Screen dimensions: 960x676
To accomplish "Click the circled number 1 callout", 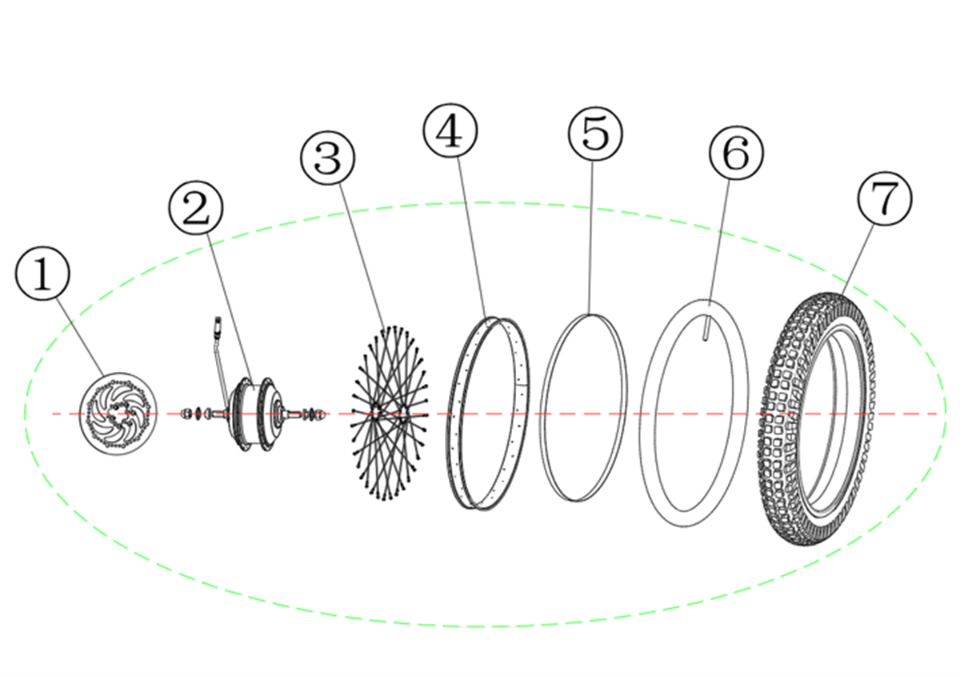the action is click(x=42, y=274).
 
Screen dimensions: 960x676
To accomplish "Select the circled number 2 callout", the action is click(x=196, y=208).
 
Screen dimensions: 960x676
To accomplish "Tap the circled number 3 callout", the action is click(x=328, y=158).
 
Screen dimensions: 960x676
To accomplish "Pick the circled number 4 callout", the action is click(x=450, y=130).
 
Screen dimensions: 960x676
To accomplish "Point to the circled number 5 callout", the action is click(x=595, y=134).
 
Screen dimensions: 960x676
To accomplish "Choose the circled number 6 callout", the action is click(x=736, y=153).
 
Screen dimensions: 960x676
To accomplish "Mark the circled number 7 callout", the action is click(x=885, y=198).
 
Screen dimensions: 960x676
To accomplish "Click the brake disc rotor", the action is click(x=118, y=414).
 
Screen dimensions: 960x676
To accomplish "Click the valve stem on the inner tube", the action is click(x=706, y=327).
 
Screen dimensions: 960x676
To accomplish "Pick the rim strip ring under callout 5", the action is click(x=583, y=408).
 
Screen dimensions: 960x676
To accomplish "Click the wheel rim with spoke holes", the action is click(x=486, y=414).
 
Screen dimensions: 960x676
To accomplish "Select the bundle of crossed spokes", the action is click(x=389, y=413).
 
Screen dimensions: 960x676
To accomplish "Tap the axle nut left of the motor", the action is click(x=186, y=414).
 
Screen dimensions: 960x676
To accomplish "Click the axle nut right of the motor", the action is click(x=322, y=414).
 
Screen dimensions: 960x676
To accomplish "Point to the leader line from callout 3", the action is click(x=362, y=256).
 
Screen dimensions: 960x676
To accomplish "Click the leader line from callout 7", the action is click(x=858, y=259).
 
